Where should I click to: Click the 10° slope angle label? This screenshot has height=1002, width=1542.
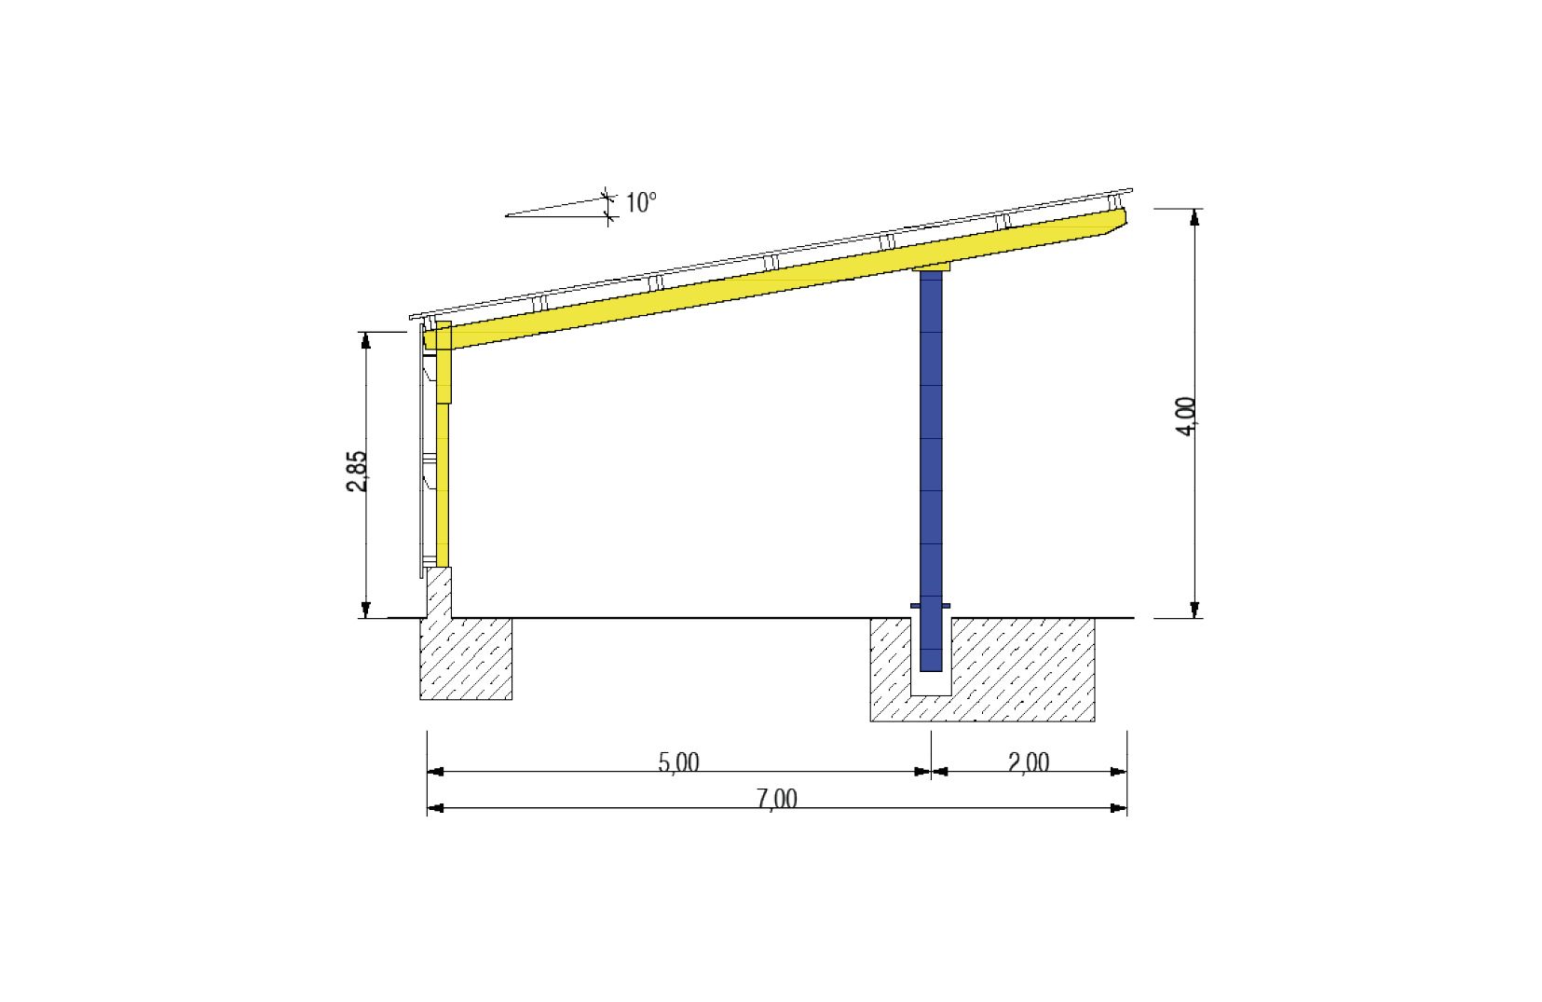641,203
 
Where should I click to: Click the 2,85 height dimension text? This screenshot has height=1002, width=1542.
357,472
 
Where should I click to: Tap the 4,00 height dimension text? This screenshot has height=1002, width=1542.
1186,416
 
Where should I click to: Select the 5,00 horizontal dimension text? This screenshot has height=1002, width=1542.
678,762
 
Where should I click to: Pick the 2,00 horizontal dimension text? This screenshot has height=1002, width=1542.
1029,762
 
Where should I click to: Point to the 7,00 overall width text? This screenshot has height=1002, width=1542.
777,799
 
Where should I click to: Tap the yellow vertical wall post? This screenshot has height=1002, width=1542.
443,445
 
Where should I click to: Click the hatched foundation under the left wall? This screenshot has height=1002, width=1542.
466,659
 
